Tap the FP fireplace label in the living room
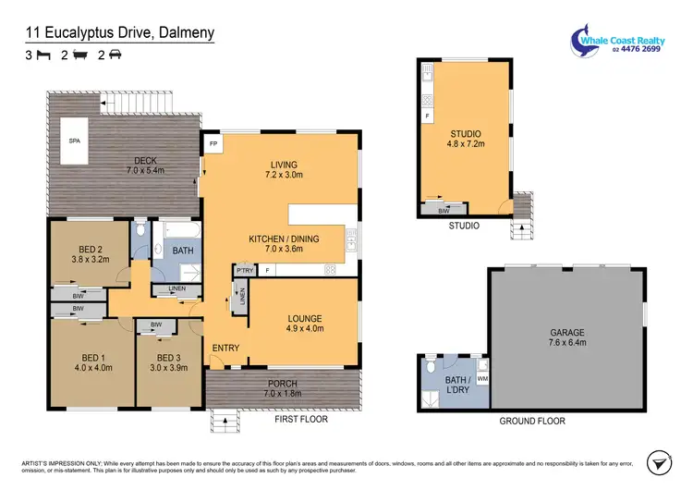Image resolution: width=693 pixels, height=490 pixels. pyautogui.click(x=213, y=144)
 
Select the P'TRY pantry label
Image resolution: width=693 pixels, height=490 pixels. pyautogui.click(x=243, y=270)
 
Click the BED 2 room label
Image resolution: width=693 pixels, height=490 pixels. pyautogui.click(x=90, y=249)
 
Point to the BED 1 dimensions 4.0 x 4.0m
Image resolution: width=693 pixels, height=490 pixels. pyautogui.click(x=91, y=368)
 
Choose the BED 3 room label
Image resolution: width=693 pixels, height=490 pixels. pyautogui.click(x=168, y=358)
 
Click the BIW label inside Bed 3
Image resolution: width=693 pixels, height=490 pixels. pyautogui.click(x=156, y=325)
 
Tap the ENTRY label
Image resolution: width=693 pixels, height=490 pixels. pyautogui.click(x=225, y=348)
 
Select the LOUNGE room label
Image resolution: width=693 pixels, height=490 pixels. pyautogui.click(x=304, y=319)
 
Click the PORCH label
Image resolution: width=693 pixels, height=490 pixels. pyautogui.click(x=283, y=384)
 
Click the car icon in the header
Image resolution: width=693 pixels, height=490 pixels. pyautogui.click(x=115, y=55)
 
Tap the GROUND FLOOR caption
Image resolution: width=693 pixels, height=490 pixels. pyautogui.click(x=533, y=421)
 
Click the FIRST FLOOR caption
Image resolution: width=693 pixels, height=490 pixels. pyautogui.click(x=300, y=419)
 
